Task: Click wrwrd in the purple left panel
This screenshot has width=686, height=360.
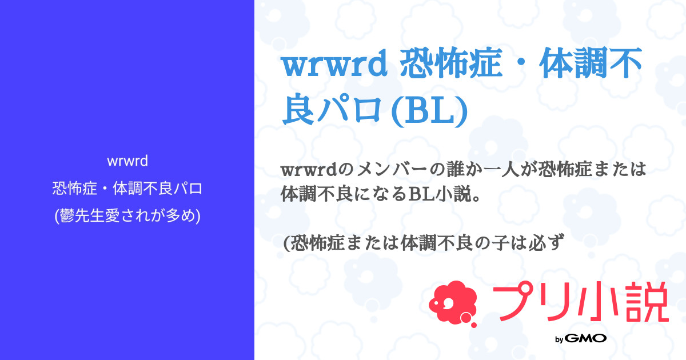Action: [x=127, y=162]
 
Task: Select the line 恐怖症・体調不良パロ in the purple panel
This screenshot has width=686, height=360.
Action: [x=127, y=189]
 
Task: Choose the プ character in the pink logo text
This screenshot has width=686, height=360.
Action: [x=512, y=303]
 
